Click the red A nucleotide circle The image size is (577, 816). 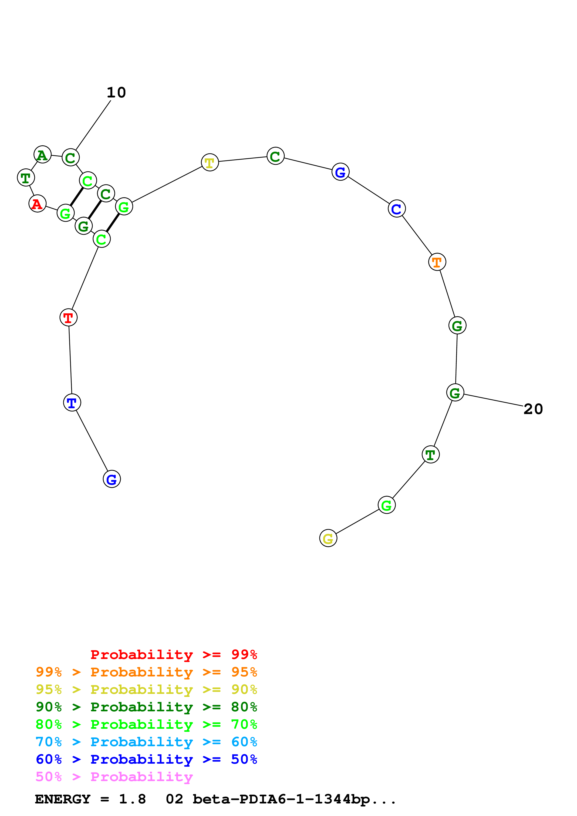pyautogui.click(x=37, y=204)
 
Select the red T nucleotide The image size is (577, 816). pyautogui.click(x=68, y=317)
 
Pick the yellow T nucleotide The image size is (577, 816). pyautogui.click(x=210, y=162)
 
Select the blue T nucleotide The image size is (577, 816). pyautogui.click(x=72, y=403)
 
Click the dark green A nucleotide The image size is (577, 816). pyautogui.click(x=42, y=155)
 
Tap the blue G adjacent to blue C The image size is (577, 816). pyautogui.click(x=340, y=172)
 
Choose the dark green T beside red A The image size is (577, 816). pyautogui.click(x=26, y=177)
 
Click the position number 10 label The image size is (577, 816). pyautogui.click(x=116, y=93)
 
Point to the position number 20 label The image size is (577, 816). pyautogui.click(x=533, y=409)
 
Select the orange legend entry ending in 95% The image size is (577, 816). pyautogui.click(x=146, y=672)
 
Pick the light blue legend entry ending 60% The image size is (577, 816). pyautogui.click(x=146, y=742)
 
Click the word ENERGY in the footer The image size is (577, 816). pyautogui.click(x=63, y=799)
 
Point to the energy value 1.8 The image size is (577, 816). pyautogui.click(x=132, y=799)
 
